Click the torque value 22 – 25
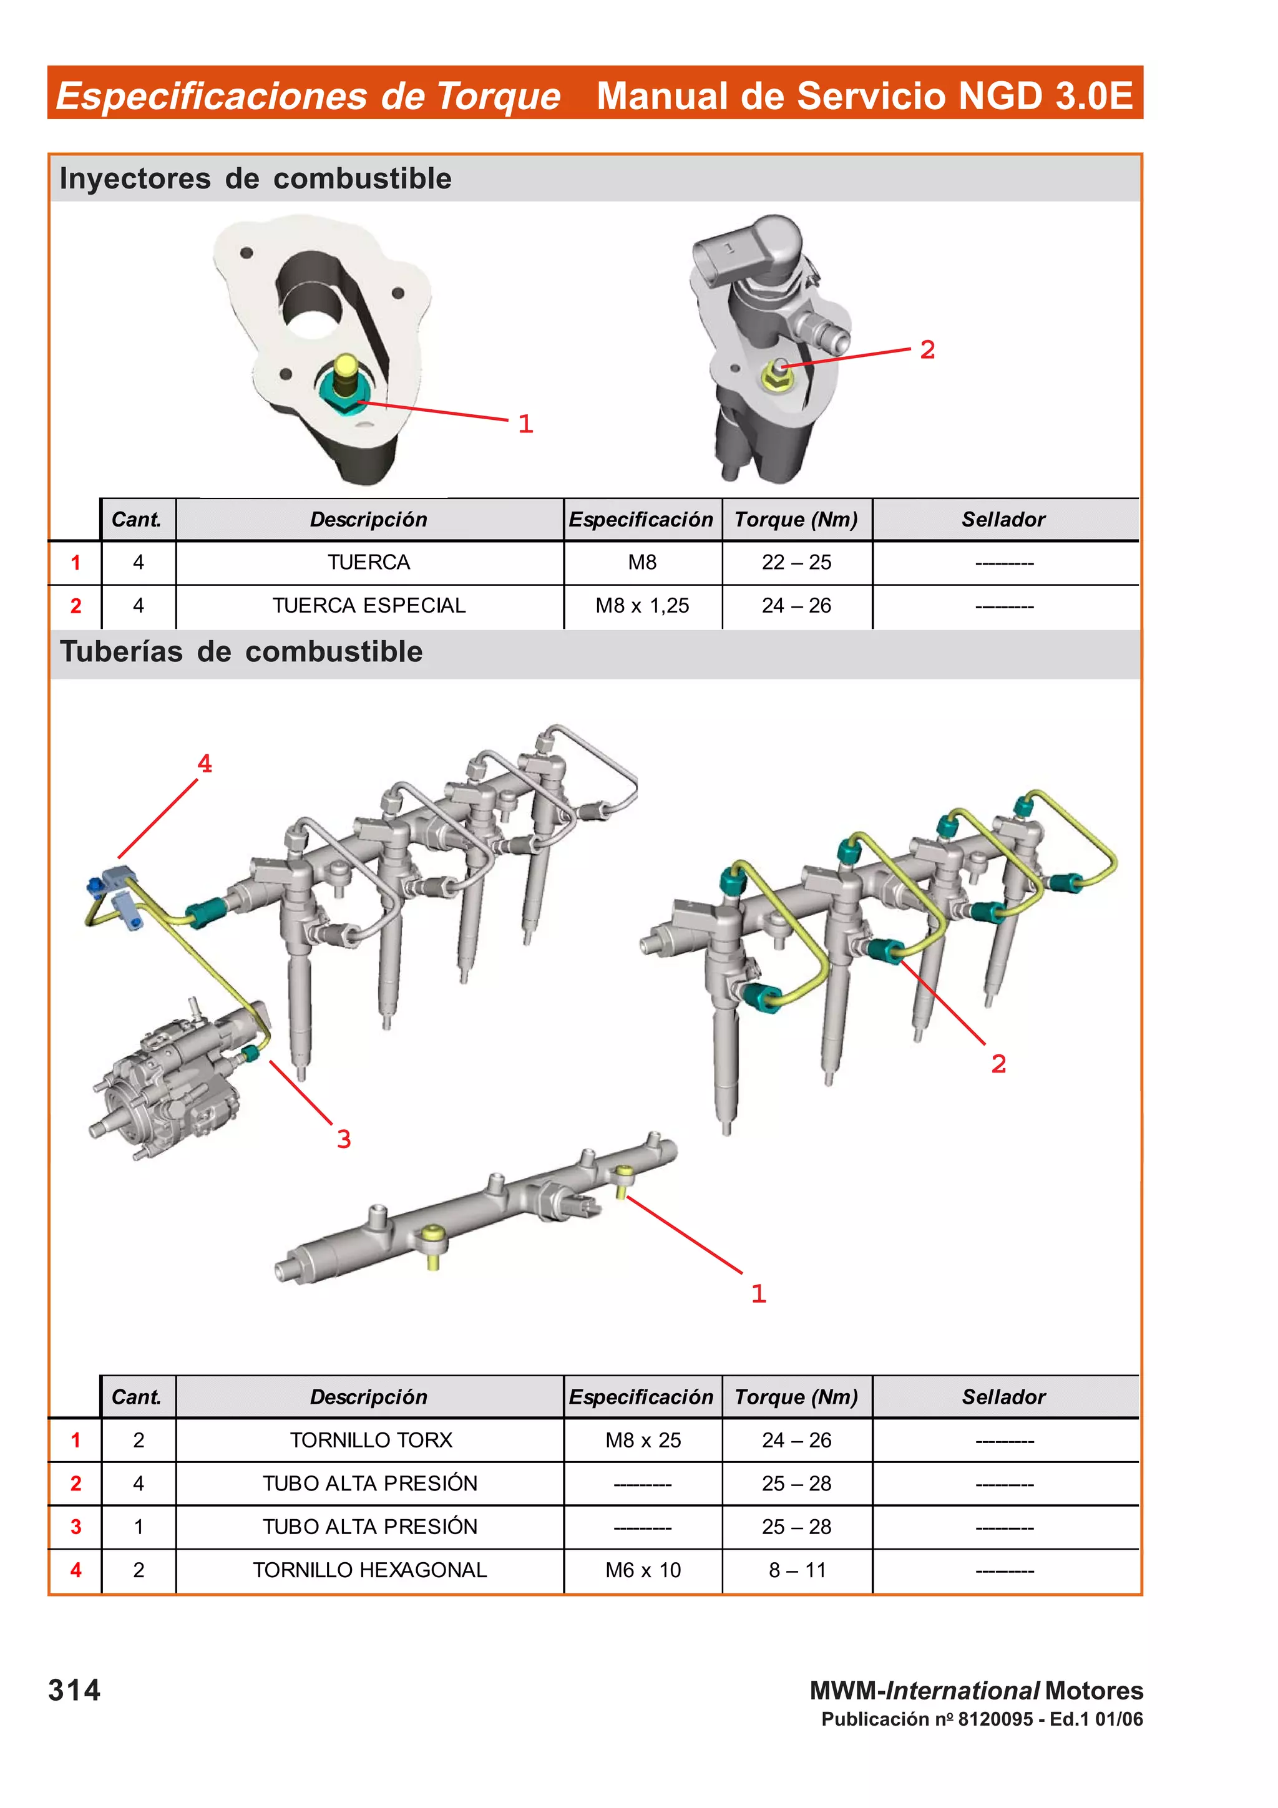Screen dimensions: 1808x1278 [x=796, y=562]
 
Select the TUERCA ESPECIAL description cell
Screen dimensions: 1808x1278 [x=369, y=606]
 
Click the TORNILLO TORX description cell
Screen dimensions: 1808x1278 [x=370, y=1441]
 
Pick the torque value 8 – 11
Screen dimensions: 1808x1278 [x=797, y=1570]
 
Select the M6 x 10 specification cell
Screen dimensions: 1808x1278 [x=643, y=1570]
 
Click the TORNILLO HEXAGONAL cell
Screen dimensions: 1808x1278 [x=369, y=1570]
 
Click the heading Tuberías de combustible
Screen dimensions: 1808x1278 [x=241, y=652]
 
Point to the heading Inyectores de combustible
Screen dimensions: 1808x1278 [x=255, y=179]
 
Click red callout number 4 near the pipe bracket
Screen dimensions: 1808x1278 [x=204, y=763]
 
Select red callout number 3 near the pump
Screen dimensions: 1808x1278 [x=343, y=1139]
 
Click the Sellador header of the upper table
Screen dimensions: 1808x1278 [x=1003, y=520]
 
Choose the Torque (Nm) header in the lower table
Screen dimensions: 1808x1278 [x=796, y=1397]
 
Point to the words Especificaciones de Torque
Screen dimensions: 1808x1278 [x=308, y=96]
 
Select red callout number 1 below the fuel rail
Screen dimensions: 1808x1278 [x=758, y=1294]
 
